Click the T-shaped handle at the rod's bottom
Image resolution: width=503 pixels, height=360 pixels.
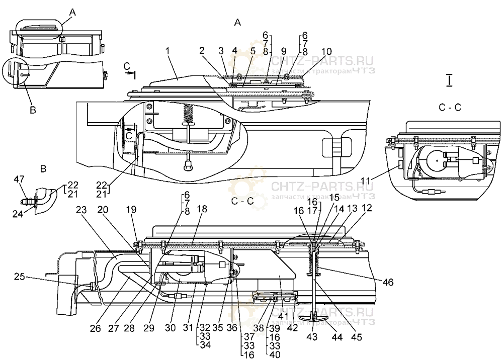coord(312,317)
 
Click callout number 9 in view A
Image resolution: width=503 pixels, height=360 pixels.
coord(283,51)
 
